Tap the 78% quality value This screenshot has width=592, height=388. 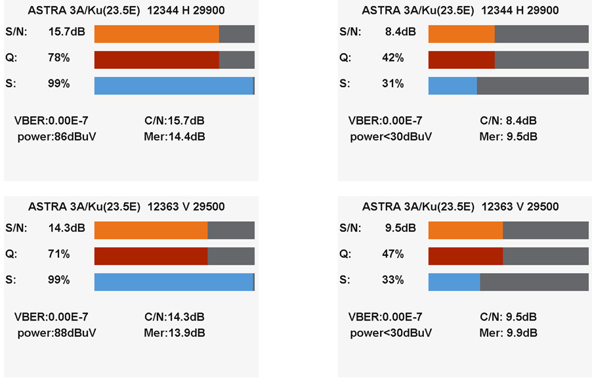pos(59,58)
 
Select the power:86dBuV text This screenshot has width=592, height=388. pos(56,137)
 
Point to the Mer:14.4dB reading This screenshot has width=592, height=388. pos(174,137)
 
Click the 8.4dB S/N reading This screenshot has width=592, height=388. pos(400,32)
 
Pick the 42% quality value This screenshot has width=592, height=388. pos(392,58)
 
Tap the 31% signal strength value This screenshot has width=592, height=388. pos(392,83)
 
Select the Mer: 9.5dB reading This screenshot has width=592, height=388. pos(508,137)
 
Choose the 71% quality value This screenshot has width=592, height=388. pos(59,254)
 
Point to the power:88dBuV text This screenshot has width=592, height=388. pos(56,333)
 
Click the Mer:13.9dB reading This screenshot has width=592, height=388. pos(174,333)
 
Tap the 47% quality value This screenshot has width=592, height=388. pos(392,254)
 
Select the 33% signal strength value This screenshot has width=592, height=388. pos(392,280)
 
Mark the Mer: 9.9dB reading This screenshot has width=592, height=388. pos(508,333)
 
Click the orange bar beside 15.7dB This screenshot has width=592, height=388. pos(156,34)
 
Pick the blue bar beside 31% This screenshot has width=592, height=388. pos(452,86)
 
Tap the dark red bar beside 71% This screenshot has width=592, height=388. pos(151,256)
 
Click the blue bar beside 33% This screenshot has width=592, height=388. pos(454,282)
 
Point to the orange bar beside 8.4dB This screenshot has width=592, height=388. pos(461,34)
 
